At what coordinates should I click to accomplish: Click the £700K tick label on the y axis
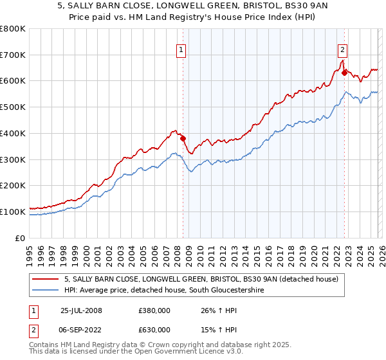click(13, 55)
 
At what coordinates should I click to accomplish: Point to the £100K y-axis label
click(13, 212)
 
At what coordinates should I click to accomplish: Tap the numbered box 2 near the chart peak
click(342, 50)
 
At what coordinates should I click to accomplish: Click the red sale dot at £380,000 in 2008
click(183, 138)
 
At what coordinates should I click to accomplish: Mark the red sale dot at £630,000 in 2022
click(344, 73)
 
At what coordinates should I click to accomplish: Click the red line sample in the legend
click(46, 279)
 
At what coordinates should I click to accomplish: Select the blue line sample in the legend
click(46, 291)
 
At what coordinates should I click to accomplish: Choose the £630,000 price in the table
click(154, 329)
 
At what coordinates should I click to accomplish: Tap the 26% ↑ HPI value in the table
click(208, 310)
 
